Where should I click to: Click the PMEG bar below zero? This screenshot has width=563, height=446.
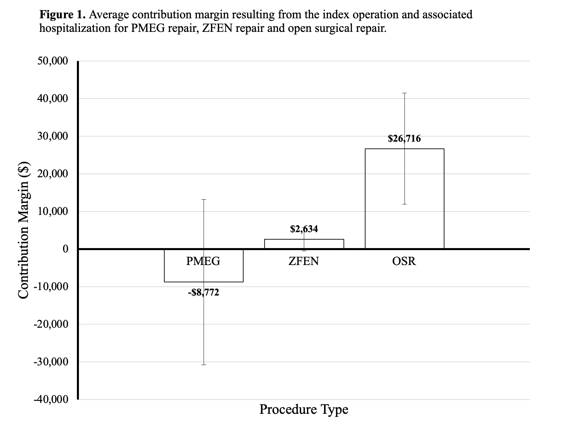(x=204, y=266)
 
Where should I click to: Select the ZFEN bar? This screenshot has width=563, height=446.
(x=304, y=244)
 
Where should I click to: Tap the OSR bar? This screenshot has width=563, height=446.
(x=404, y=199)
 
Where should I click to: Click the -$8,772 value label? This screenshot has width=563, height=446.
(x=203, y=292)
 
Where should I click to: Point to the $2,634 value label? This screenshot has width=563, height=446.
(x=304, y=229)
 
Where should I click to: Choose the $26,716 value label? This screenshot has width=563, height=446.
(x=404, y=139)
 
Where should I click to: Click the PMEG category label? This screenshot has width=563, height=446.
(x=203, y=261)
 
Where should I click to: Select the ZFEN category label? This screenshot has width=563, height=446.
(x=304, y=261)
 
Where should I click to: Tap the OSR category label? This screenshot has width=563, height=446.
(x=404, y=261)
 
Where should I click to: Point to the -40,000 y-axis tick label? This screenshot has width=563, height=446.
(x=51, y=400)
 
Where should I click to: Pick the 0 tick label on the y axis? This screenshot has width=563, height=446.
(x=65, y=249)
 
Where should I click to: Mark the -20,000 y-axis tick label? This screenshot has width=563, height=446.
(x=51, y=324)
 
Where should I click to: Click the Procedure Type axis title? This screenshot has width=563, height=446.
(x=304, y=409)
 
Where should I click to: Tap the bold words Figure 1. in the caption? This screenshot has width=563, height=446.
(x=63, y=15)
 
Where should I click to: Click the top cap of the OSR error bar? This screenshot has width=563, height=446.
(x=404, y=93)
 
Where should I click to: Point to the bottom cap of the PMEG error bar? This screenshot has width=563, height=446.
(x=204, y=365)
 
